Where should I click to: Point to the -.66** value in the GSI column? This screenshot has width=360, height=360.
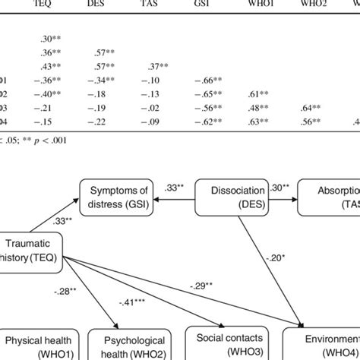coord(223,81)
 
